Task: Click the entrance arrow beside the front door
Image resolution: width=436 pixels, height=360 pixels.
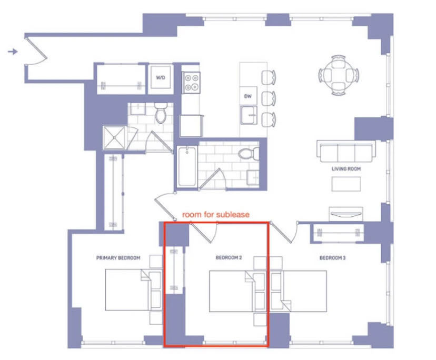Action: [x=13, y=52]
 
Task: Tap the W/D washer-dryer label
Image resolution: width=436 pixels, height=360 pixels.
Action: [x=161, y=77]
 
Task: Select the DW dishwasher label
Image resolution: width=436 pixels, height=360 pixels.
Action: [x=248, y=96]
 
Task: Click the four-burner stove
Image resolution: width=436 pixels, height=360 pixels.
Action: [x=191, y=83]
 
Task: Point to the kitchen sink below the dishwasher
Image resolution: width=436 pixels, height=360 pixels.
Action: [x=249, y=115]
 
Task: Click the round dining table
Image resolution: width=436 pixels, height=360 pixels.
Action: [x=339, y=75]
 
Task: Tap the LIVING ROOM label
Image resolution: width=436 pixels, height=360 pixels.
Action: [x=346, y=169]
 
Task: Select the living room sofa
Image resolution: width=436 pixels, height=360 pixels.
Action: [x=346, y=151]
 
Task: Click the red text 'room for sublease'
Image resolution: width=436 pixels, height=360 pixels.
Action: [x=216, y=215]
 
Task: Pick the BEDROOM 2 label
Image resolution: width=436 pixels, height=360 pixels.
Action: [x=229, y=258]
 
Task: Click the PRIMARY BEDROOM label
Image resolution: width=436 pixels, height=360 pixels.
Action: [x=118, y=258]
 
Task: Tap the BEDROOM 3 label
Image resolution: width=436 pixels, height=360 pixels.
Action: [x=333, y=258]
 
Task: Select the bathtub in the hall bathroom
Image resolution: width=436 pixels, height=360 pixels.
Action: [x=187, y=166]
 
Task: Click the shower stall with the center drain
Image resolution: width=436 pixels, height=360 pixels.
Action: [x=114, y=137]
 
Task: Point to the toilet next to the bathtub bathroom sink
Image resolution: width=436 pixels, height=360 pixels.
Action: [x=249, y=154]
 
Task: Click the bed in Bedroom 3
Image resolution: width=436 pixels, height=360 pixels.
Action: [x=299, y=291]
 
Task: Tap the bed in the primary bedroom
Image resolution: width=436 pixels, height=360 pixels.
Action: [x=133, y=289]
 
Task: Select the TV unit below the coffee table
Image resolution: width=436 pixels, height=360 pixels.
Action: [x=346, y=214]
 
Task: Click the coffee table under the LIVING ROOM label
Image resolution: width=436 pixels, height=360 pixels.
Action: [x=346, y=184]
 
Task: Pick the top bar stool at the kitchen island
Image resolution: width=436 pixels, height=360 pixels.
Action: [x=269, y=77]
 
